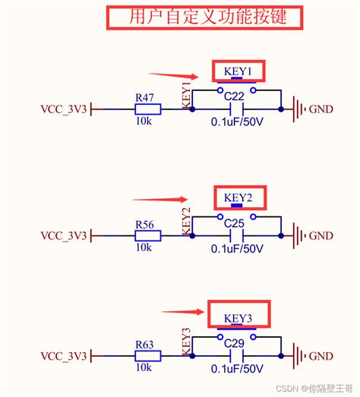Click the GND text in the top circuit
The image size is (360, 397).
(321, 109)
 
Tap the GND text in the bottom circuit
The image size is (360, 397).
(321, 356)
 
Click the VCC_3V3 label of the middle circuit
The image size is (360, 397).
(64, 236)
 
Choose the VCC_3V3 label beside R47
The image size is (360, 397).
(64, 109)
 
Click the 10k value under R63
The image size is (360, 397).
(144, 368)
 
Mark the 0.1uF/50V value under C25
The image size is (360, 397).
(237, 249)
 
